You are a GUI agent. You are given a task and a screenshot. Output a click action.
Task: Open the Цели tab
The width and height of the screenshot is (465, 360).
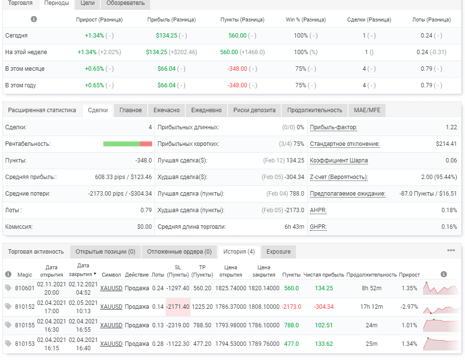click(x=87, y=3)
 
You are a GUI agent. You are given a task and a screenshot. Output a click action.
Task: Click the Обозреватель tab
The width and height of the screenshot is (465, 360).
click(x=125, y=3)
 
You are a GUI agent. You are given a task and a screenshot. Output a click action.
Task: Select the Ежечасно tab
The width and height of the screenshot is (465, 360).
click(x=166, y=110)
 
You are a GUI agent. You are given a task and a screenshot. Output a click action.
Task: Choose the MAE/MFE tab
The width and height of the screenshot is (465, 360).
click(x=367, y=110)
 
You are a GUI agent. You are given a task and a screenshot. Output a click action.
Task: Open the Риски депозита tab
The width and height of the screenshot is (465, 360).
click(x=254, y=110)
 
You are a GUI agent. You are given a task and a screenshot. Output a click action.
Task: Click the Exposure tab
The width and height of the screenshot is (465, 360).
click(x=278, y=252)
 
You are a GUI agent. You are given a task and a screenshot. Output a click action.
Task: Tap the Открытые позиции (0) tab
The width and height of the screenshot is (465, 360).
click(x=105, y=252)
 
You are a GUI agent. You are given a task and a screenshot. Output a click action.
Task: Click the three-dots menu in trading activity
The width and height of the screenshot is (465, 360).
click(x=451, y=250)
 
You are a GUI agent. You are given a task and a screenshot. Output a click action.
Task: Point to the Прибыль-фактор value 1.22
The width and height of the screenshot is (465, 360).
click(x=451, y=127)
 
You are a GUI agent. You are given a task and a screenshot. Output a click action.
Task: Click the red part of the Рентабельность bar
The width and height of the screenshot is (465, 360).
click(x=146, y=144)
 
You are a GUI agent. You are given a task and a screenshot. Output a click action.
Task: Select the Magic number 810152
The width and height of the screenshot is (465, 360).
click(x=24, y=307)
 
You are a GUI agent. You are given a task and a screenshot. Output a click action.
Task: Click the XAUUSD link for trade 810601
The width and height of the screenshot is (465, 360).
click(x=111, y=288)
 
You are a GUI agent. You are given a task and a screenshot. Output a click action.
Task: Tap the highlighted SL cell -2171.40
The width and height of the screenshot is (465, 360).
click(x=178, y=307)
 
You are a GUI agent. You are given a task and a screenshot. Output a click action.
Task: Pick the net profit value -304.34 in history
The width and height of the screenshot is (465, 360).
click(x=324, y=307)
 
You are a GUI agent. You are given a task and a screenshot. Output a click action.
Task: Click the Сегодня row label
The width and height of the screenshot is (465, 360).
click(x=16, y=36)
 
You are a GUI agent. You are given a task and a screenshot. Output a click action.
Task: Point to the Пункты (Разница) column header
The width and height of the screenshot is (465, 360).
click(x=242, y=20)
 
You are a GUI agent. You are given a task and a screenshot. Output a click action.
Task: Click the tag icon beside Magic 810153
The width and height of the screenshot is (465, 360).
click(x=8, y=344)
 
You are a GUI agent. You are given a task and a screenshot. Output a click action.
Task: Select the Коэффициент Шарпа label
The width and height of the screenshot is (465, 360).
click(x=339, y=160)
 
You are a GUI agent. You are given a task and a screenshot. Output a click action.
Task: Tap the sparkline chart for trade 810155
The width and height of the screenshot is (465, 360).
click(x=441, y=325)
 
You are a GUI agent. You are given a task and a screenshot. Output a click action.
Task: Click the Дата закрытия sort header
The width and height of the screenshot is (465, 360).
click(x=82, y=270)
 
